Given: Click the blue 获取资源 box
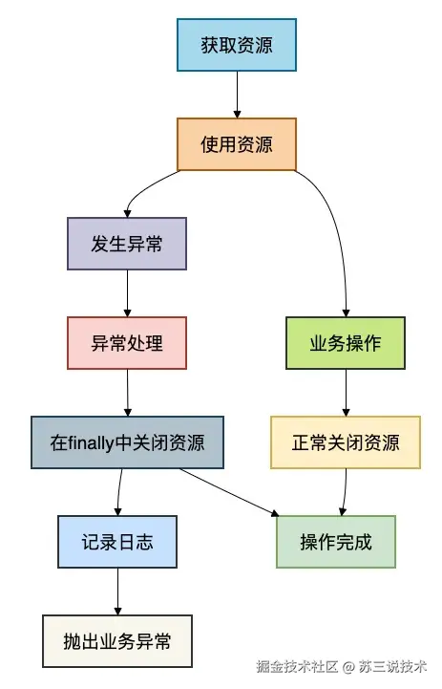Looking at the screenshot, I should pos(237,45).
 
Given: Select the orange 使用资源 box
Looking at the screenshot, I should pos(237,144).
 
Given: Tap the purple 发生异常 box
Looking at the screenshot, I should pos(127,244).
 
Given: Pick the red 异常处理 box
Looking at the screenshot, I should pos(127,342).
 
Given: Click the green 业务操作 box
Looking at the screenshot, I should pos(346,342).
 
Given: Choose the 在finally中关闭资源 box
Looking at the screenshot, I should pos(127,442).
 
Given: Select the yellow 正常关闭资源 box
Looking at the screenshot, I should pos(346,442).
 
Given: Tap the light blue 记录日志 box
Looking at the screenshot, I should pos(118,542).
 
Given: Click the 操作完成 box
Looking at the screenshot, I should pos(335,542).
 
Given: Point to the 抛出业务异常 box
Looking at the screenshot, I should pos(118,641).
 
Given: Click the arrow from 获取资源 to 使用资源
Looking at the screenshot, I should pos(237,95).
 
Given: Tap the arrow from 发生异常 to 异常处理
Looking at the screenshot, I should pos(127,293).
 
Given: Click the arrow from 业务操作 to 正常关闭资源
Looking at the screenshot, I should pos(346,393).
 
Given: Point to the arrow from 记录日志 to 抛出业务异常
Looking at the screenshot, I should pos(118,592).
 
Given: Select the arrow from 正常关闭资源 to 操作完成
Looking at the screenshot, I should pos(344,492).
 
